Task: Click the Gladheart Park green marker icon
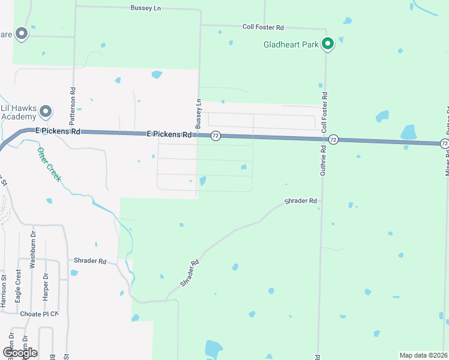coord(327,43)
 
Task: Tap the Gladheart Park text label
coord(291,44)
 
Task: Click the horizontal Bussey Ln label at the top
coord(146,8)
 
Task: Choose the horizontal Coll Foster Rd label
coord(263,28)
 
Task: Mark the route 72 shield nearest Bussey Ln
coord(215,136)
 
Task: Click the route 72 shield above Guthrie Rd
coord(334,139)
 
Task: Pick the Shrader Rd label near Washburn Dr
coord(90,261)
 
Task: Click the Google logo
coord(20,352)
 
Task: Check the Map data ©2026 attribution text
coord(423,355)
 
